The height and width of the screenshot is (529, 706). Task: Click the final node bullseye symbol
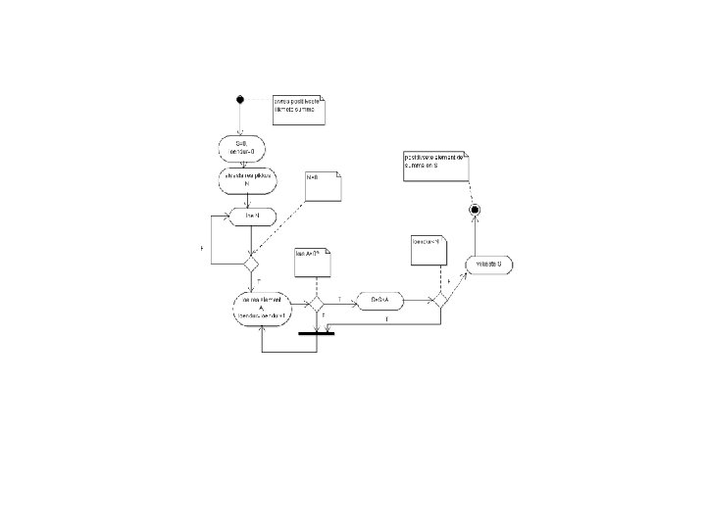(x=475, y=210)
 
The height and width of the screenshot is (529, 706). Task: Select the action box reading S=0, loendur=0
(x=241, y=148)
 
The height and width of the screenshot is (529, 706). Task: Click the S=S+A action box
(x=380, y=300)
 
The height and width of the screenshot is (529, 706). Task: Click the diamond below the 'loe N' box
(x=251, y=264)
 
